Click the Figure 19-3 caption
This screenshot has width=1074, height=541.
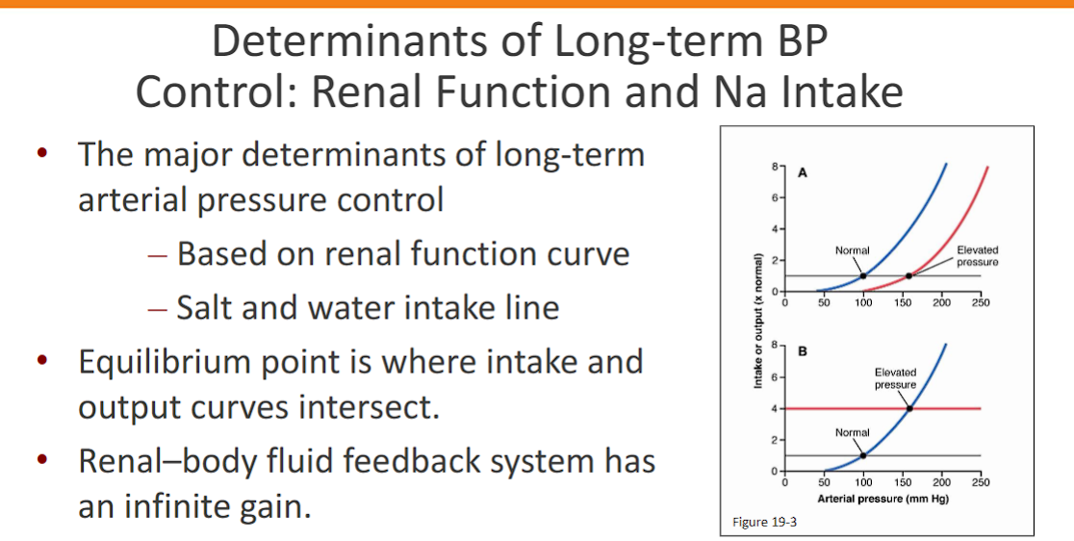coord(757,522)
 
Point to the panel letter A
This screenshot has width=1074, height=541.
coord(802,173)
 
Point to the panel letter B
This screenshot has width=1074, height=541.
coord(802,350)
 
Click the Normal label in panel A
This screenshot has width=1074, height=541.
coord(852,250)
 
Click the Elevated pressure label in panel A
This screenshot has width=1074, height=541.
coord(978,256)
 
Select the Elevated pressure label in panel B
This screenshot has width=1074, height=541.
coord(895,377)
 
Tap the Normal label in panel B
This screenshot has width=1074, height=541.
coord(852,433)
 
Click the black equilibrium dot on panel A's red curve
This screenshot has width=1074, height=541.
coord(909,276)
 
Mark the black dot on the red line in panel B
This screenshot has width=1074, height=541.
coord(909,408)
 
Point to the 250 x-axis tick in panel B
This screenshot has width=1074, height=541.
coord(981,482)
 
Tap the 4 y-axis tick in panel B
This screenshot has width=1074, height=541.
coord(775,408)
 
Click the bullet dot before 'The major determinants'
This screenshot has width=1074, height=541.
coord(41,154)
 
